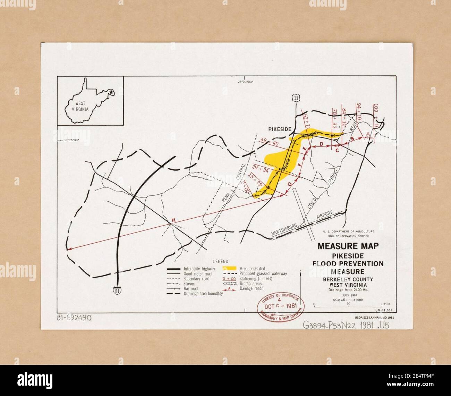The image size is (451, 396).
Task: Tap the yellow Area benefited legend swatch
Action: [x=229, y=268]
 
